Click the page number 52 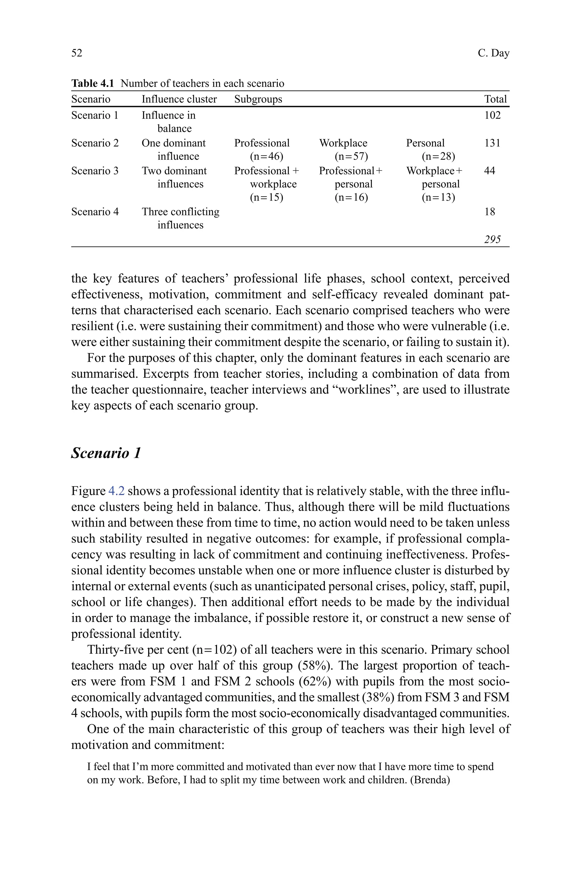coord(77,53)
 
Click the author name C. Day coord(493,53)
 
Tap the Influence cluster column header coord(179,99)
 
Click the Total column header coord(495,99)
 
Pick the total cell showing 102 coord(492,115)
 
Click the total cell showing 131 coord(492,143)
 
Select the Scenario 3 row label coord(95,171)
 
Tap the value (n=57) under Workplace coord(351,157)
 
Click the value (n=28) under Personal coord(438,157)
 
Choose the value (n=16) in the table coord(351,197)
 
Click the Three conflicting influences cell coord(180,218)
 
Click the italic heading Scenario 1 coord(106,453)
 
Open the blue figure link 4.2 coord(116,491)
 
